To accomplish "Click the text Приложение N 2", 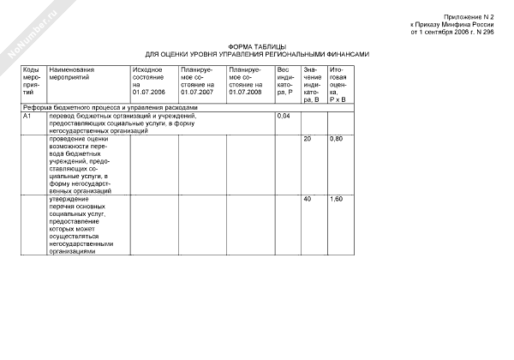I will pos(470,16).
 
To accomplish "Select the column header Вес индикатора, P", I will pos(285,84).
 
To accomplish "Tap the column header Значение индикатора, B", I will pos(312,84).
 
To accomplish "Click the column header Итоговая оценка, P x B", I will pos(338,84).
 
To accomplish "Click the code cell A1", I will pos(28,115).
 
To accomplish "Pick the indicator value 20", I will pos(308,139).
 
